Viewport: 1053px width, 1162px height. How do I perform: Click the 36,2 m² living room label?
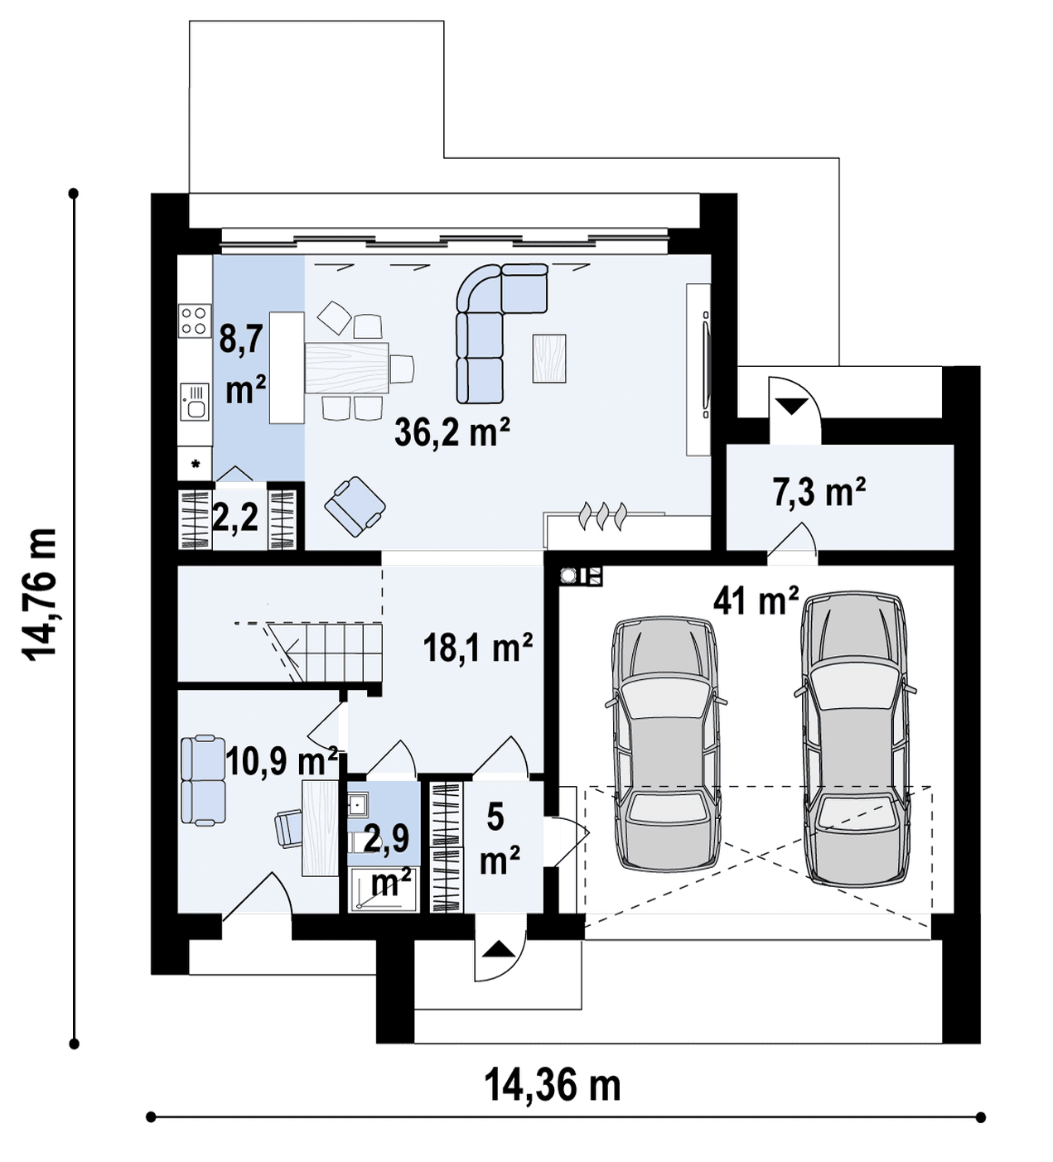point(452,432)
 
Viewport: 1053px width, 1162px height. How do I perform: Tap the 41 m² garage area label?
point(755,600)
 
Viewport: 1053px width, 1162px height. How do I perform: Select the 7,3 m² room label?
point(819,492)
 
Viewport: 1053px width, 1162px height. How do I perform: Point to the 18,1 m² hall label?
point(478,647)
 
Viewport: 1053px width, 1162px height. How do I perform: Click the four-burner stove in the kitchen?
point(194,321)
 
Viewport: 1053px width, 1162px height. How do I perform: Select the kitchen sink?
point(194,402)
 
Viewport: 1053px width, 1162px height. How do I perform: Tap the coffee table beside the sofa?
point(548,358)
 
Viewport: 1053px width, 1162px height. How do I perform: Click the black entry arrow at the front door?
point(496,949)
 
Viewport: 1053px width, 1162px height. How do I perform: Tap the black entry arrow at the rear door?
point(792,406)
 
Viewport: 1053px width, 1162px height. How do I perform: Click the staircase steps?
point(325,652)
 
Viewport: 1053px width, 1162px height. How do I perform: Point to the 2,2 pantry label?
point(235,518)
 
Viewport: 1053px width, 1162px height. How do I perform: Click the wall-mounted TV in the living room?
point(706,364)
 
